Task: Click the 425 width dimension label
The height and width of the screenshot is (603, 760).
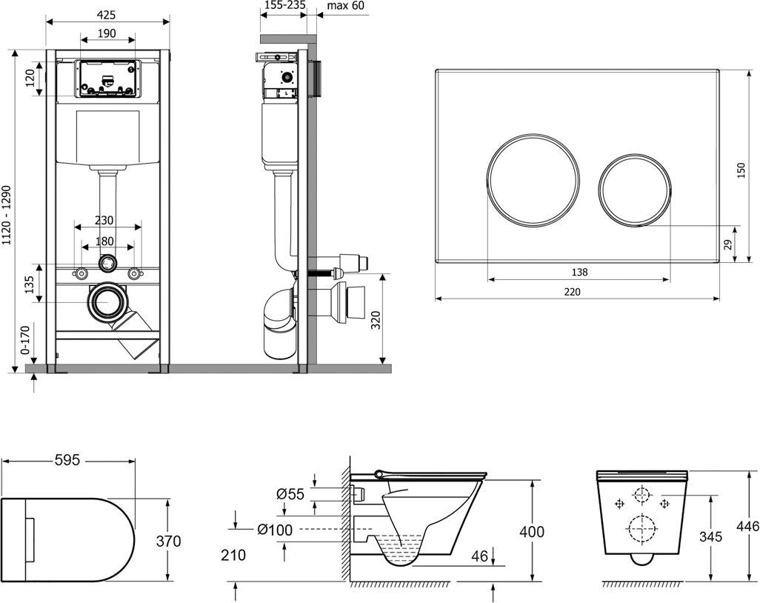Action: point(106,15)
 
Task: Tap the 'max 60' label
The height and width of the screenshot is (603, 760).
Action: point(345,6)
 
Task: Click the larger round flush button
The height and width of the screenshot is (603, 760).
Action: point(533,178)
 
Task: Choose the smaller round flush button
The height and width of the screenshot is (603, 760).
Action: point(635,190)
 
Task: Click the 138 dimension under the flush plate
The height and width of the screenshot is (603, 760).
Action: point(579,272)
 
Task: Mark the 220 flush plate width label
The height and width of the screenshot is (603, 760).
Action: point(572,292)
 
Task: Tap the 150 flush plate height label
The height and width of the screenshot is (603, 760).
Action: point(741,170)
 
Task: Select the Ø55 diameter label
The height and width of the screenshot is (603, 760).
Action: point(290,494)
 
